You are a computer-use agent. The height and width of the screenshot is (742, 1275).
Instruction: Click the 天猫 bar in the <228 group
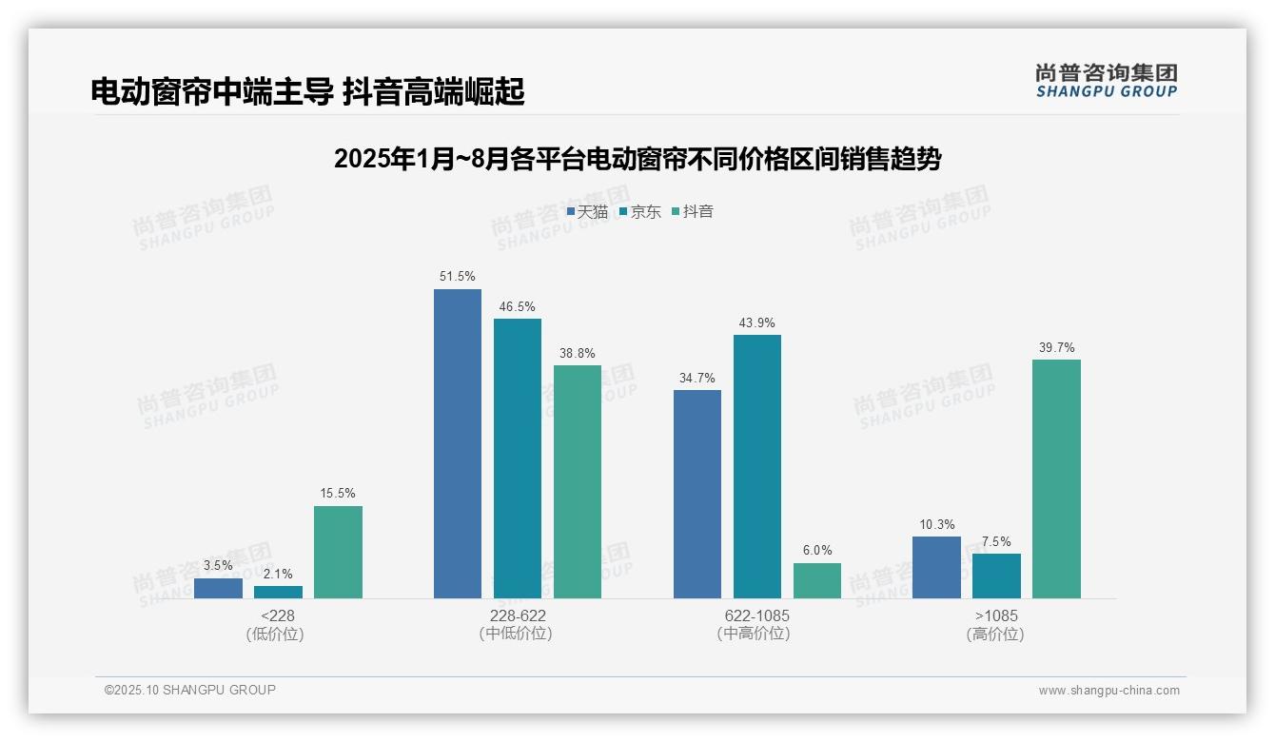pos(218,588)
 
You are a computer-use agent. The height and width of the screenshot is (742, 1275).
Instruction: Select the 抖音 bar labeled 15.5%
pos(338,552)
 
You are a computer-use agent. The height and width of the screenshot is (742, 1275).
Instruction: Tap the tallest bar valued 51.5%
pos(458,443)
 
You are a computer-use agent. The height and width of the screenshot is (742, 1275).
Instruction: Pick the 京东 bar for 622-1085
pos(756,466)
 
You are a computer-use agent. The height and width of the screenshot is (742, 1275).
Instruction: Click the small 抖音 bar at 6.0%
pos(817,580)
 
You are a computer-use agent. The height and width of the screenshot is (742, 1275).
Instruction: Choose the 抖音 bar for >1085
pos(1056,478)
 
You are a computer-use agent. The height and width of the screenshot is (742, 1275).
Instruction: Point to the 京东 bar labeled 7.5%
pos(996,576)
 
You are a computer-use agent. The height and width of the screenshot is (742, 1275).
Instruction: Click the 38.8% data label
pos(578,353)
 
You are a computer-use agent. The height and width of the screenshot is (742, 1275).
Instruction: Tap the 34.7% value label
pos(697,378)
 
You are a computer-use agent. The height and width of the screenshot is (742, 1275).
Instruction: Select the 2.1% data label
pos(278,574)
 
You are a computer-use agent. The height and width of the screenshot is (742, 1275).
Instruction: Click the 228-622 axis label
pos(518,615)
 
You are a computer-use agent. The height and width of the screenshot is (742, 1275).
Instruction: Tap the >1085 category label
pos(996,615)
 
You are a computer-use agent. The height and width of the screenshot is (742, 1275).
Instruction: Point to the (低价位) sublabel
pos(275,634)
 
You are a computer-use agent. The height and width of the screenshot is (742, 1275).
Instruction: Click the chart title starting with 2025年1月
pos(637,159)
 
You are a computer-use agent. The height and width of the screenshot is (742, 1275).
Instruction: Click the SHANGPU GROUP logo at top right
pos(1106,80)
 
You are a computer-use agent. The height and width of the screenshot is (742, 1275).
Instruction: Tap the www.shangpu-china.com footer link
pos(1108,691)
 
